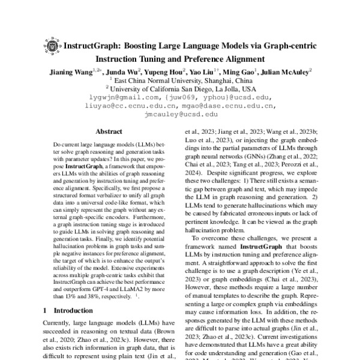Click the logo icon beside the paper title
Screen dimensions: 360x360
pos(51,46)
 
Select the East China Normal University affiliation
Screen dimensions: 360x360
pos(180,80)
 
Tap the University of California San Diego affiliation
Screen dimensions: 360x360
pos(180,88)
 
